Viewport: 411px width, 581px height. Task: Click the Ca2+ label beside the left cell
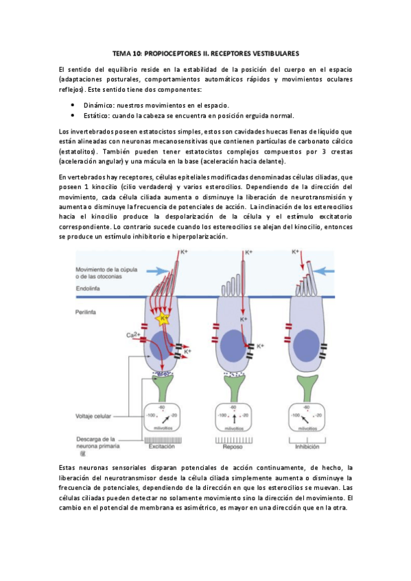point(134,335)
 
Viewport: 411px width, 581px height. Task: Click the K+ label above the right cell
point(296,252)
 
